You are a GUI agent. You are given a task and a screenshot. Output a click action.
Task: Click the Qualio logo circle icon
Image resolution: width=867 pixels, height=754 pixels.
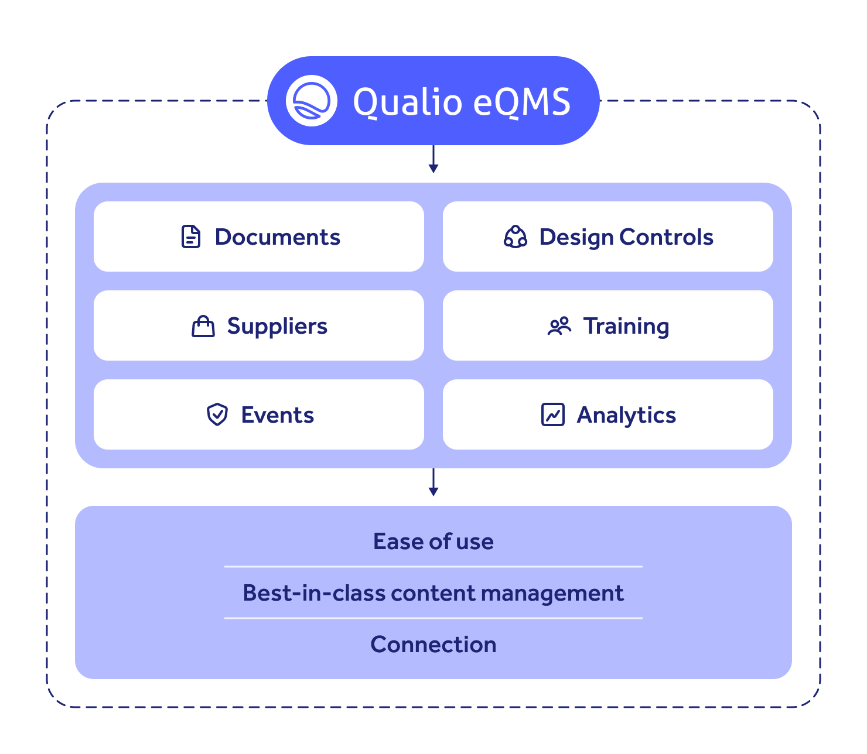point(311,101)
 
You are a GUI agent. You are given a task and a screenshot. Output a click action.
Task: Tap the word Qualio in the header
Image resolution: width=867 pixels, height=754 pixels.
point(407,102)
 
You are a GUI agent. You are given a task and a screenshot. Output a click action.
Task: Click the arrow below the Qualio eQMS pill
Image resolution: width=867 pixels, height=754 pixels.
point(433,159)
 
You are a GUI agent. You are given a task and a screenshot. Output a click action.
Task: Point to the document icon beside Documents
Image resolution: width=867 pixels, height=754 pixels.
point(191,237)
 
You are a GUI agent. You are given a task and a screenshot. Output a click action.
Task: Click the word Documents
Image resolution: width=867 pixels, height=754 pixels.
point(277,237)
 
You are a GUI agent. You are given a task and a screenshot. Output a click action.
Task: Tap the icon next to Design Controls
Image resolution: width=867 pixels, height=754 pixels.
point(515,237)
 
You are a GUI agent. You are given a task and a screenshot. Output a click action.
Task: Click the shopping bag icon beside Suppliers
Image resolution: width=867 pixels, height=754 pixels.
point(203,326)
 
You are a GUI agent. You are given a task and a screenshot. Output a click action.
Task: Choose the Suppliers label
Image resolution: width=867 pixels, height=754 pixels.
point(277,326)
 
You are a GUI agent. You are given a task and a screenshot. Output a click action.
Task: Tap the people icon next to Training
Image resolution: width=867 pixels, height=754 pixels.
point(559,326)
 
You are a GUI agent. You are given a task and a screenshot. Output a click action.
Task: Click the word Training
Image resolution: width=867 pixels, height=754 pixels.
point(626,326)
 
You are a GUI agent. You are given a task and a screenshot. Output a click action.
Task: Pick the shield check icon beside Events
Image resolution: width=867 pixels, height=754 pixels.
point(217,414)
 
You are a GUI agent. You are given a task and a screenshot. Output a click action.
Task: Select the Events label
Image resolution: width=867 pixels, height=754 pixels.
point(277,414)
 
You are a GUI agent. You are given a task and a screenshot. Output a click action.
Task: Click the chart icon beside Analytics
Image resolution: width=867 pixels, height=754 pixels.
point(552,414)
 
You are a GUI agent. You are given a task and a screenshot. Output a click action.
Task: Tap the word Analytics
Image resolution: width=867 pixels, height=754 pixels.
point(626,414)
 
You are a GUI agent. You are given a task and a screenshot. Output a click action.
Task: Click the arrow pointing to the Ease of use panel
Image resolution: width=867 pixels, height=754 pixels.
point(433,482)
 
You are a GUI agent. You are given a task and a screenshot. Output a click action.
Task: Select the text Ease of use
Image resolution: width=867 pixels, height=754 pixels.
point(433,541)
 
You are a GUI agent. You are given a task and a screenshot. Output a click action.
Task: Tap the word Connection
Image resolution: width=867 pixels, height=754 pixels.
point(433,645)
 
